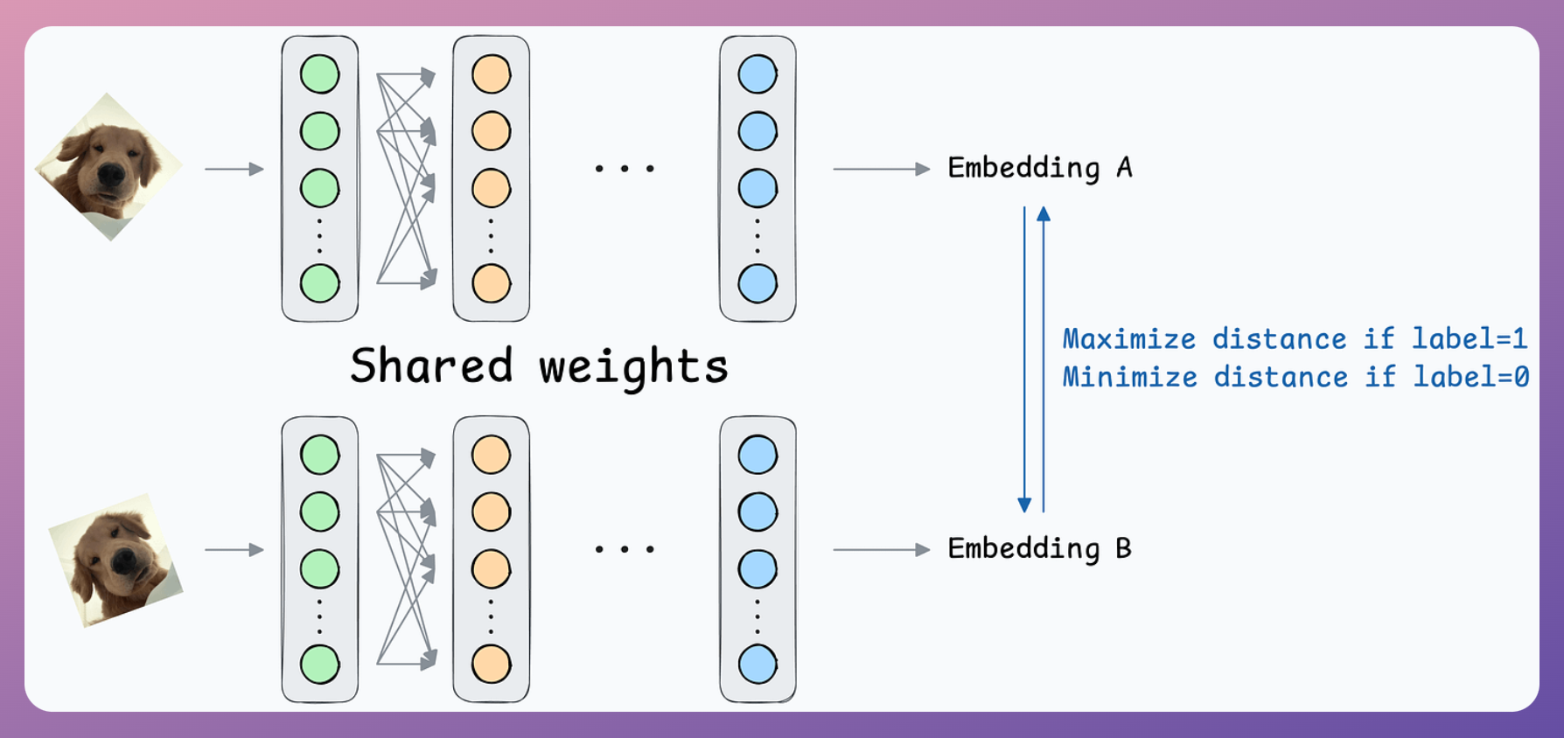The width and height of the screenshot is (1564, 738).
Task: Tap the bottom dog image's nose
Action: pyautogui.click(x=124, y=560)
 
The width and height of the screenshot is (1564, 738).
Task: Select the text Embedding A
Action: pyautogui.click(x=1040, y=168)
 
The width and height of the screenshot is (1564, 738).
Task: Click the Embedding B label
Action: pyautogui.click(x=1040, y=549)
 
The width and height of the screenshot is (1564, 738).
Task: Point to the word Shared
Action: pyautogui.click(x=431, y=365)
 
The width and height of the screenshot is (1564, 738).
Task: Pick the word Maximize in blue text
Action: pyautogui.click(x=1129, y=338)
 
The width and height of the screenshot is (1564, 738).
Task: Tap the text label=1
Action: pyautogui.click(x=1470, y=338)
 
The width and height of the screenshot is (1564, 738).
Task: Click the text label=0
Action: pyautogui.click(x=1471, y=377)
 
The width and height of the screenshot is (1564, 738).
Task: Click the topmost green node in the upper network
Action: pyautogui.click(x=320, y=74)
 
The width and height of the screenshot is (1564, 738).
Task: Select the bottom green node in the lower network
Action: pyautogui.click(x=320, y=665)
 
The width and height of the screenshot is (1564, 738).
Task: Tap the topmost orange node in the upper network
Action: pyautogui.click(x=491, y=74)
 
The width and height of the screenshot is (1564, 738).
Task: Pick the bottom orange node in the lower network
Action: pyautogui.click(x=491, y=665)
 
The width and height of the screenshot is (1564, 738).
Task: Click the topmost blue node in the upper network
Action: pyautogui.click(x=758, y=74)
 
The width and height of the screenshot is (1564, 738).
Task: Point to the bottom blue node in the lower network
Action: pyautogui.click(x=758, y=665)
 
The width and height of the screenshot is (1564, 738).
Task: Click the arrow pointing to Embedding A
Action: pyautogui.click(x=882, y=169)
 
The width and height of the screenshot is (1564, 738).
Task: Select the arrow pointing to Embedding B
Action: pyautogui.click(x=882, y=550)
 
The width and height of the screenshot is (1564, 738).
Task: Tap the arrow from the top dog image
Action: pyautogui.click(x=234, y=169)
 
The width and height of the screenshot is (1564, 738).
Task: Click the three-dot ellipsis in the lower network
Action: pyautogui.click(x=625, y=550)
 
